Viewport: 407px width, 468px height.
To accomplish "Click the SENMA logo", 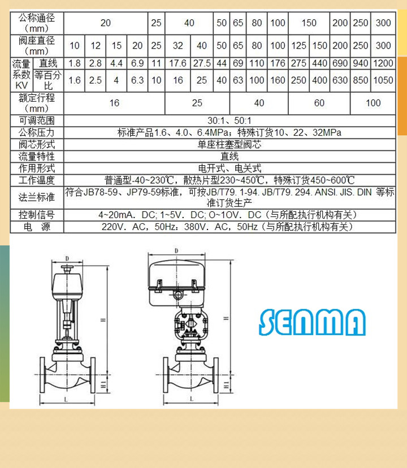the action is pyautogui.click(x=312, y=322).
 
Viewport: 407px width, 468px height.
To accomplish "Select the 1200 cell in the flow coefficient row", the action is pyautogui.click(x=383, y=63).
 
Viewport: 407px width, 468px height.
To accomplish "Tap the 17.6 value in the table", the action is pyautogui.click(x=177, y=63).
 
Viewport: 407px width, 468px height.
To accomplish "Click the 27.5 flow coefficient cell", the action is pyautogui.click(x=202, y=63).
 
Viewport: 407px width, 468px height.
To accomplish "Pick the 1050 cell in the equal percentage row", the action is pyautogui.click(x=383, y=80).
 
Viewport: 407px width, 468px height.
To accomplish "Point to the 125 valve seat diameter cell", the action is pyautogui.click(x=298, y=46).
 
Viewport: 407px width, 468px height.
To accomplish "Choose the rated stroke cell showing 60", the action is pyautogui.click(x=319, y=103).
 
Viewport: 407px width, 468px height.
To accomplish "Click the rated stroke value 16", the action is pyautogui.click(x=114, y=103).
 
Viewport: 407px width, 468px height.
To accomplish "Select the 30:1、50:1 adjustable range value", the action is pyautogui.click(x=230, y=120).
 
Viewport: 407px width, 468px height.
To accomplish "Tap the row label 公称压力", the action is pyautogui.click(x=37, y=132).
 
